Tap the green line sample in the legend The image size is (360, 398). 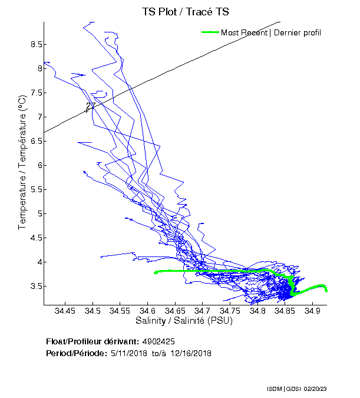click(x=210, y=32)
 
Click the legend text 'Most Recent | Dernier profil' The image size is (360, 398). click(x=271, y=32)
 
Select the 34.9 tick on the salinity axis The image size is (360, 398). click(x=313, y=310)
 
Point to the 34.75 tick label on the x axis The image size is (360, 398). click(x=230, y=310)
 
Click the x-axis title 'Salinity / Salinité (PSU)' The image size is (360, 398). click(x=184, y=321)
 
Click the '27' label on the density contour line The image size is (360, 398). click(x=90, y=107)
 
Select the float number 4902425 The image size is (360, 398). click(x=158, y=341)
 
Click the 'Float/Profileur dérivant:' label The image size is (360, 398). click(x=92, y=341)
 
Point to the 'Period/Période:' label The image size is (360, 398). click(x=75, y=353)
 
